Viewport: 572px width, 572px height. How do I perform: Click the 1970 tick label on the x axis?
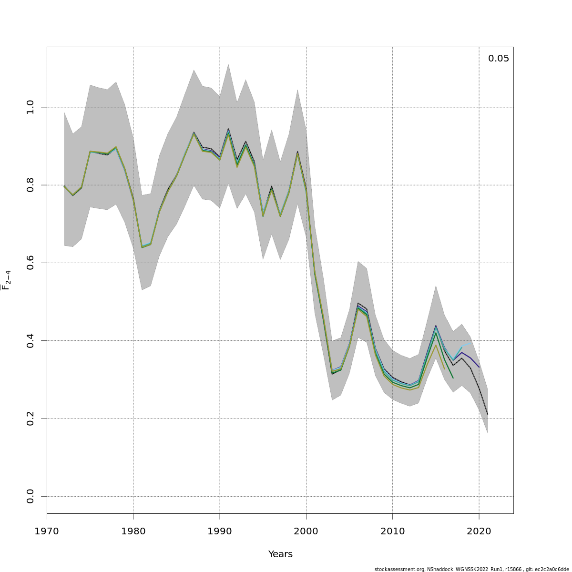click(x=47, y=531)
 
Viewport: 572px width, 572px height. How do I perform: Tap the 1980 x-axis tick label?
click(x=133, y=531)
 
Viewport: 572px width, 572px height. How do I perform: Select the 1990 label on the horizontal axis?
click(x=220, y=531)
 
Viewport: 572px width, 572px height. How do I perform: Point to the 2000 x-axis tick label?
click(x=306, y=531)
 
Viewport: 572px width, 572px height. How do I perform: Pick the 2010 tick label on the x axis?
click(x=392, y=531)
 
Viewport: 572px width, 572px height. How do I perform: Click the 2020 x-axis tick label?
click(x=479, y=531)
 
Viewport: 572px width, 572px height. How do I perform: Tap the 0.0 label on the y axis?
click(x=31, y=496)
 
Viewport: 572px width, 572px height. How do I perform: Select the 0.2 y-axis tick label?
click(x=31, y=419)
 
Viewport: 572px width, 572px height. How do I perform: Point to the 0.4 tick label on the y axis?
click(x=31, y=340)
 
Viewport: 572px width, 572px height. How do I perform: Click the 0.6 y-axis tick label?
click(x=31, y=263)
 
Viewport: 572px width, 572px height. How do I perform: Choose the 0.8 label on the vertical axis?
click(x=31, y=185)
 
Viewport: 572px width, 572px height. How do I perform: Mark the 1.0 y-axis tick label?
click(x=31, y=107)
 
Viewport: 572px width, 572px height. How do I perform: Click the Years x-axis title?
click(x=280, y=554)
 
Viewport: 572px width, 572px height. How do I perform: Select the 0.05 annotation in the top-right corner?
click(x=499, y=59)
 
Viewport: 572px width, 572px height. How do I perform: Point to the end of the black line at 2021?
click(x=488, y=414)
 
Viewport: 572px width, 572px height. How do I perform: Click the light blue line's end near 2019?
click(x=470, y=343)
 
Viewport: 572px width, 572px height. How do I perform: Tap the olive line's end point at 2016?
click(x=444, y=368)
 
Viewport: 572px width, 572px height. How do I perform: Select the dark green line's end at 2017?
click(x=453, y=378)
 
